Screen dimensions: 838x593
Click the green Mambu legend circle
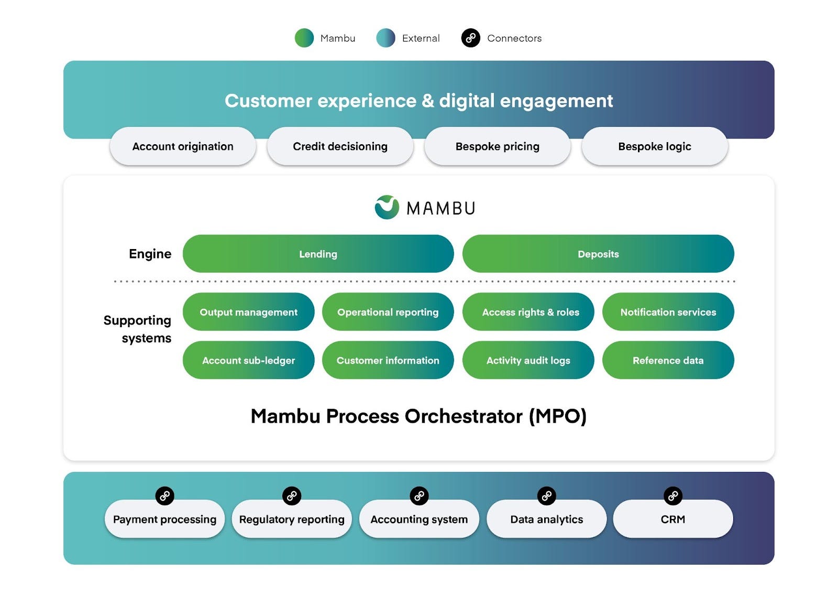pos(304,38)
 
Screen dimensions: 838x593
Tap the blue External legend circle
pos(385,38)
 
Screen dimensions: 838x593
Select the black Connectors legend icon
pos(471,38)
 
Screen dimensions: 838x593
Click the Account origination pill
pos(183,146)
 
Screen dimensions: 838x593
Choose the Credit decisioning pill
pos(340,146)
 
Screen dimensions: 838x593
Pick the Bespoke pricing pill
pos(498,146)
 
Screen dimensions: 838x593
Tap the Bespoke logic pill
pos(655,146)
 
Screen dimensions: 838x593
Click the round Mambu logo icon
pos(387,207)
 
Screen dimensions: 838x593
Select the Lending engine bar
pos(318,254)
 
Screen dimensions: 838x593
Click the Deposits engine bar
pos(598,254)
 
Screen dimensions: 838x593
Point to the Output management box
pos(248,311)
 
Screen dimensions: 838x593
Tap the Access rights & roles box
pos(528,311)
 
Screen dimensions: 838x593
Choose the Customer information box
pos(388,360)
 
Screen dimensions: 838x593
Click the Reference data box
pos(668,360)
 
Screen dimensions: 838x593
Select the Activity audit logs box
pos(528,360)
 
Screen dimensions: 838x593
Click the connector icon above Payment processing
pos(164,496)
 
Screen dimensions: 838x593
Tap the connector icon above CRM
pos(673,496)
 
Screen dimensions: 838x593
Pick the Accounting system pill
pos(419,519)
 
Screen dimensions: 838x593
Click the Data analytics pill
pos(547,519)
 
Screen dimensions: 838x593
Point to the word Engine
pos(150,254)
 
